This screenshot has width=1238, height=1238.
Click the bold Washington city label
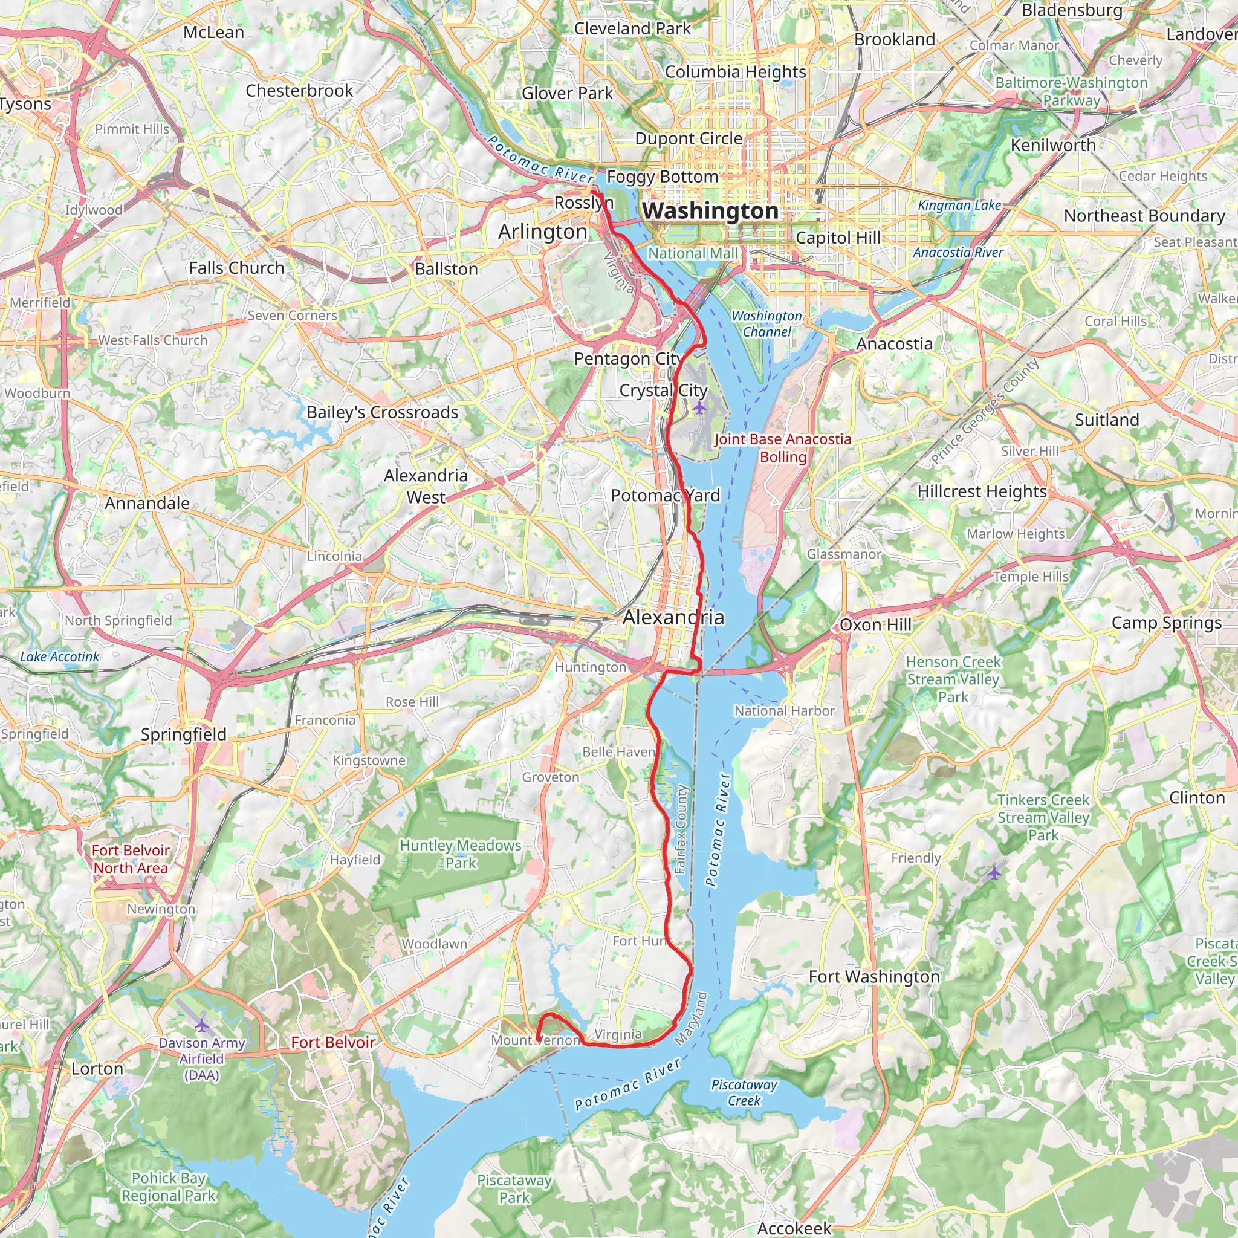[710, 211]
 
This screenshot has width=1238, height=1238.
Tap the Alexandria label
[673, 617]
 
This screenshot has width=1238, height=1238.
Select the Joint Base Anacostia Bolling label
[782, 448]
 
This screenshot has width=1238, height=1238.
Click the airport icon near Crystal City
[699, 407]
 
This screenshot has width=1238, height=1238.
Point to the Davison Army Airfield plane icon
[202, 1026]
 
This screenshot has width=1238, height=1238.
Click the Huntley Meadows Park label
[460, 854]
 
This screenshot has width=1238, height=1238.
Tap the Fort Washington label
[873, 977]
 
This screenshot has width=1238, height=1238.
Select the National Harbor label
[784, 711]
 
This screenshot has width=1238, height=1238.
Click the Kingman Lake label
[959, 205]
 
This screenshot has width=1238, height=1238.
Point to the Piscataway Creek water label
[744, 1092]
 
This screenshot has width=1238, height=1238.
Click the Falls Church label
[236, 268]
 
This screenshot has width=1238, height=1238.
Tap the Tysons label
[24, 104]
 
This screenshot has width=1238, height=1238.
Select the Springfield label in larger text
[183, 734]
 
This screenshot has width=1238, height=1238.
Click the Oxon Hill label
[875, 625]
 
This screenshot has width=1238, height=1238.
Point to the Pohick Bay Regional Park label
[169, 1187]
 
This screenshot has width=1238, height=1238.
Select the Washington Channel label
[766, 323]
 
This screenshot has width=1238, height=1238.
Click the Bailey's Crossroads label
[382, 412]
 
